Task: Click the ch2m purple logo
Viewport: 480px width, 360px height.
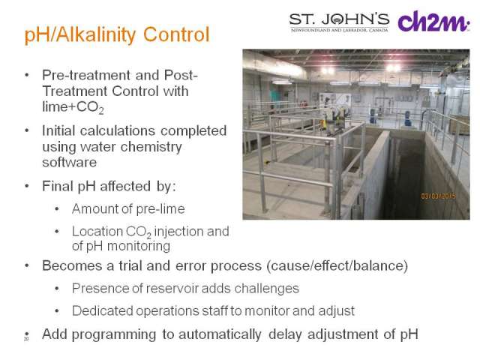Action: pos(433,21)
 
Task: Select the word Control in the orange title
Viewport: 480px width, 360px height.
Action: pos(176,34)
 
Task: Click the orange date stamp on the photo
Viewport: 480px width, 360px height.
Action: pos(438,196)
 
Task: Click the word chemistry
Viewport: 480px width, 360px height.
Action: pos(151,147)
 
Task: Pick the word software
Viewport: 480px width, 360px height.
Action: pos(69,162)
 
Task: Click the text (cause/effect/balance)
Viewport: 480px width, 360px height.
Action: pos(337,266)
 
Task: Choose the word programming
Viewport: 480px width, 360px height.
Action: pos(113,334)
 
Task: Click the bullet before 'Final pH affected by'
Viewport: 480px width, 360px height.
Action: pos(27,186)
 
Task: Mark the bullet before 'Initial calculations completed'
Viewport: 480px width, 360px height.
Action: pos(27,130)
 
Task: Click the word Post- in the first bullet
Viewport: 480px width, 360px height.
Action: pos(181,75)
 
